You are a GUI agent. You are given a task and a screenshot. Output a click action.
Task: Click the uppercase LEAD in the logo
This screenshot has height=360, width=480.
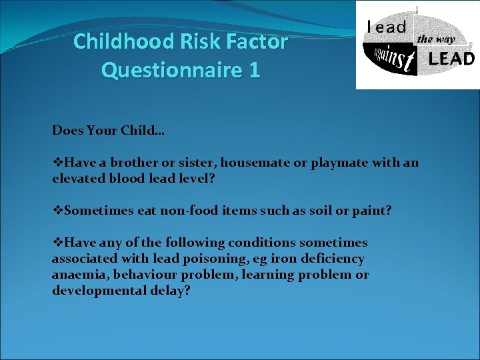(451, 59)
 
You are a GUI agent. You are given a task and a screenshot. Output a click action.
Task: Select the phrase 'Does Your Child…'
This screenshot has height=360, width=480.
(109, 131)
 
